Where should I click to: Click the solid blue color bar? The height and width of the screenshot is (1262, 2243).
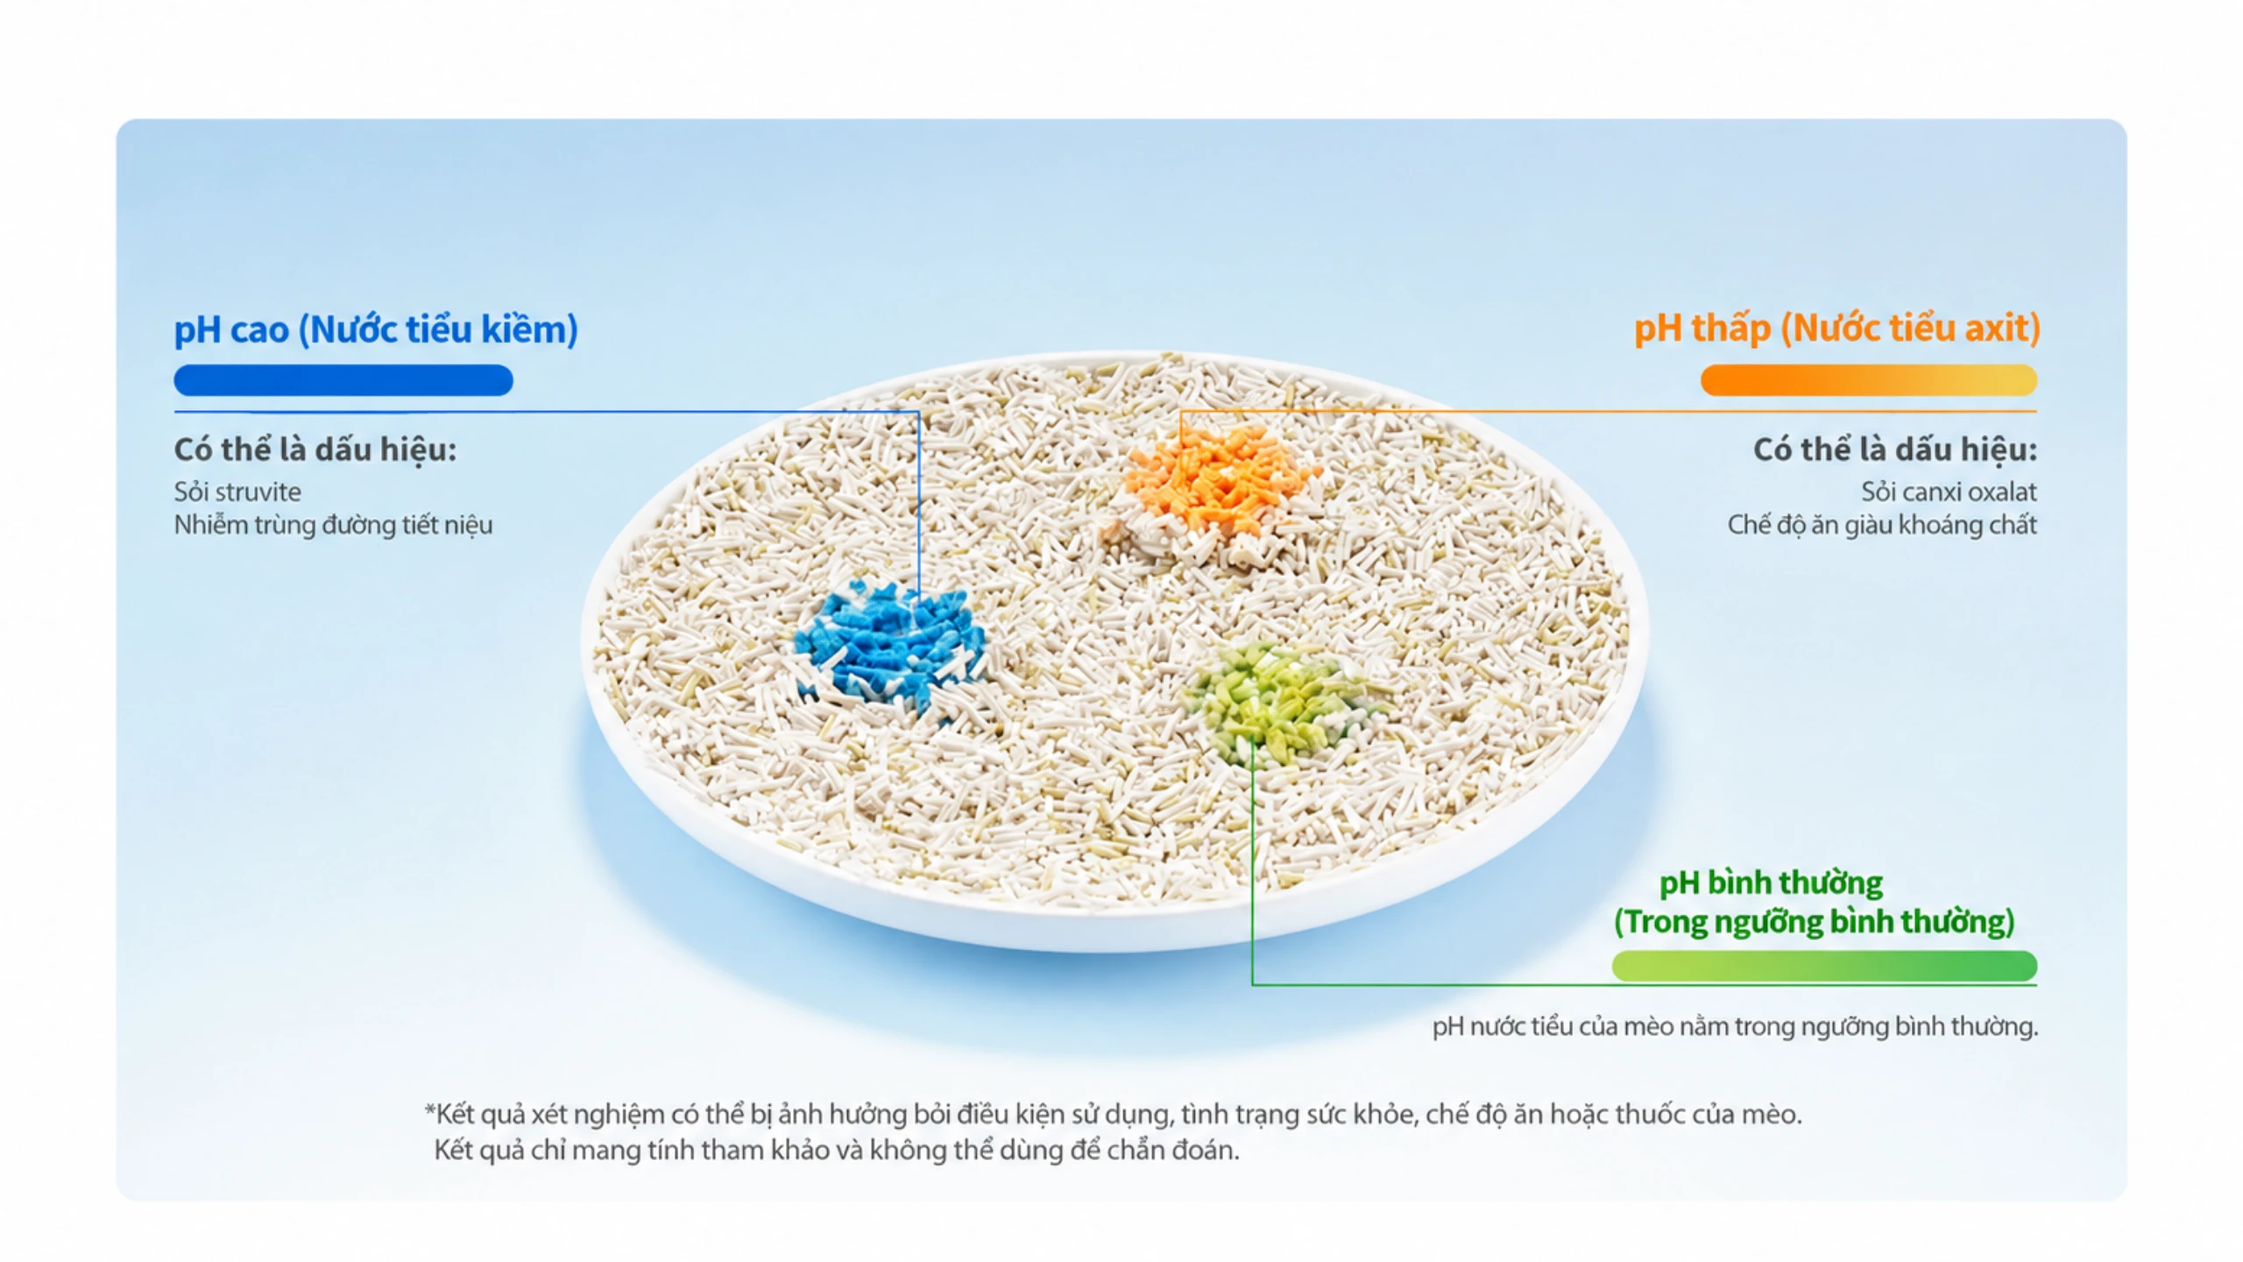pyautogui.click(x=343, y=380)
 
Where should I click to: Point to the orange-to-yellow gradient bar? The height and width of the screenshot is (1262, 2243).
pyautogui.click(x=1869, y=380)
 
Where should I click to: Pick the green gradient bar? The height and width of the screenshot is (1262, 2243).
pyautogui.click(x=1824, y=966)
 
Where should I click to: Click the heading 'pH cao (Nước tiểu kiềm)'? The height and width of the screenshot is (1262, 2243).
pyautogui.click(x=376, y=330)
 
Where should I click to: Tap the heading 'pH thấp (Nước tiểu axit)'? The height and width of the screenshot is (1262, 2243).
pyautogui.click(x=1837, y=329)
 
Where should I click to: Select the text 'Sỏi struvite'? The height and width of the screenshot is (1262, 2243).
pyautogui.click(x=237, y=492)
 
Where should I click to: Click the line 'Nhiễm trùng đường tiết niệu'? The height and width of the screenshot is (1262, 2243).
pyautogui.click(x=333, y=525)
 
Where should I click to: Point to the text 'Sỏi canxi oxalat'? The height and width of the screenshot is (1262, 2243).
pyautogui.click(x=1949, y=492)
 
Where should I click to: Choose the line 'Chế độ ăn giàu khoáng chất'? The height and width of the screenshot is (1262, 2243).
pyautogui.click(x=1882, y=525)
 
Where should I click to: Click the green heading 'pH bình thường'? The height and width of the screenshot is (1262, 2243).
pyautogui.click(x=1771, y=883)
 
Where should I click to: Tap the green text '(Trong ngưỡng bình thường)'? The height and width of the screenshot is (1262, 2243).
pyautogui.click(x=1815, y=922)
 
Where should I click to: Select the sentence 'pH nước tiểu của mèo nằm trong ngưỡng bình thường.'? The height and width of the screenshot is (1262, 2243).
pyautogui.click(x=1736, y=1026)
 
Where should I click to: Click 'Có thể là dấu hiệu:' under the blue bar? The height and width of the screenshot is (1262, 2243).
pyautogui.click(x=315, y=450)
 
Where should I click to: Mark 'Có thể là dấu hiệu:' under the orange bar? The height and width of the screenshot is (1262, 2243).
pyautogui.click(x=1895, y=450)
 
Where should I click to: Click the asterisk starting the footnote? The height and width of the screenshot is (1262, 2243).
pyautogui.click(x=429, y=1110)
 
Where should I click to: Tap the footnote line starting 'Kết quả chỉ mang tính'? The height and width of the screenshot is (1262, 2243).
pyautogui.click(x=837, y=1150)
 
